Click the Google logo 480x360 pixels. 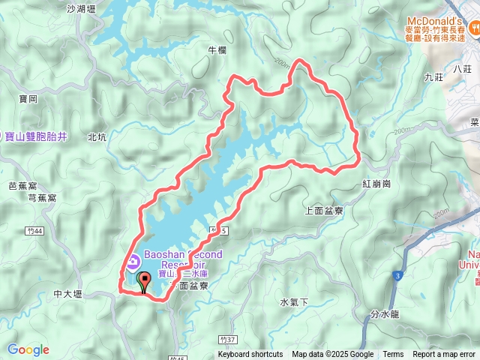click(28, 349)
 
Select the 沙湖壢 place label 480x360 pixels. click(82, 9)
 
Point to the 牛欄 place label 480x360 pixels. click(216, 50)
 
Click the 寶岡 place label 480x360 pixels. click(28, 98)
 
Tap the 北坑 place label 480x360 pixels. click(97, 137)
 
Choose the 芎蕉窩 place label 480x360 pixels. click(42, 198)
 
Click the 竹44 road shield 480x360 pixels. click(31, 230)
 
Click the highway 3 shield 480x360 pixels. click(396, 277)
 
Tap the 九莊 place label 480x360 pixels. click(433, 76)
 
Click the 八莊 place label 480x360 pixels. click(462, 68)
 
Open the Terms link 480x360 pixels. click(393, 355)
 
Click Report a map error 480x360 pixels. click(444, 355)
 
